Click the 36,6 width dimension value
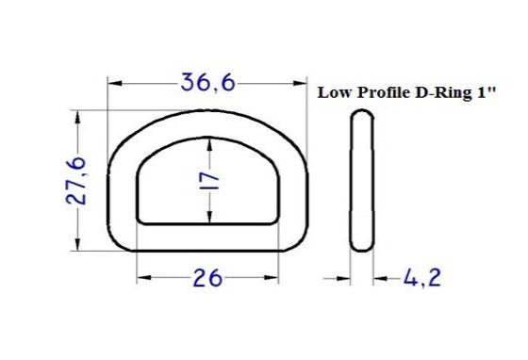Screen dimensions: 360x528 pyautogui.click(x=207, y=84)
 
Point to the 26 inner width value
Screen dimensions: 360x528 pyautogui.click(x=207, y=278)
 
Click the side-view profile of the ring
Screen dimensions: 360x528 pyautogui.click(x=361, y=181)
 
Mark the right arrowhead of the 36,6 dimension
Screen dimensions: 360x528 pyautogui.click(x=301, y=84)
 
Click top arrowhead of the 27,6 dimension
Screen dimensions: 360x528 pyautogui.click(x=78, y=117)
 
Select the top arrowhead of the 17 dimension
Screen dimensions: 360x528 pyautogui.click(x=209, y=143)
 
